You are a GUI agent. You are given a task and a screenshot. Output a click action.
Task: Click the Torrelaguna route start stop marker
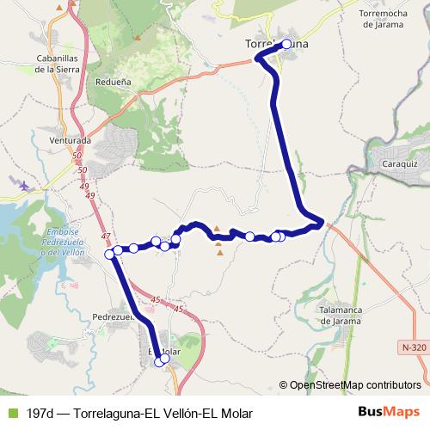point(287,44)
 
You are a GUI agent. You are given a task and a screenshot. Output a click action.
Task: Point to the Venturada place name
point(71,139)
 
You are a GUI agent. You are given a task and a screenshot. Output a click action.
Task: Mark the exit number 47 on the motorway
point(106,236)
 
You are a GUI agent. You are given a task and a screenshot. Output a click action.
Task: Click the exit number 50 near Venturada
point(79,155)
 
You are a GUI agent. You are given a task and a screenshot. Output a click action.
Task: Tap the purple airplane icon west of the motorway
point(24,184)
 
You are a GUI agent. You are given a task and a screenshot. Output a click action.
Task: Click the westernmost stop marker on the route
point(110,254)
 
